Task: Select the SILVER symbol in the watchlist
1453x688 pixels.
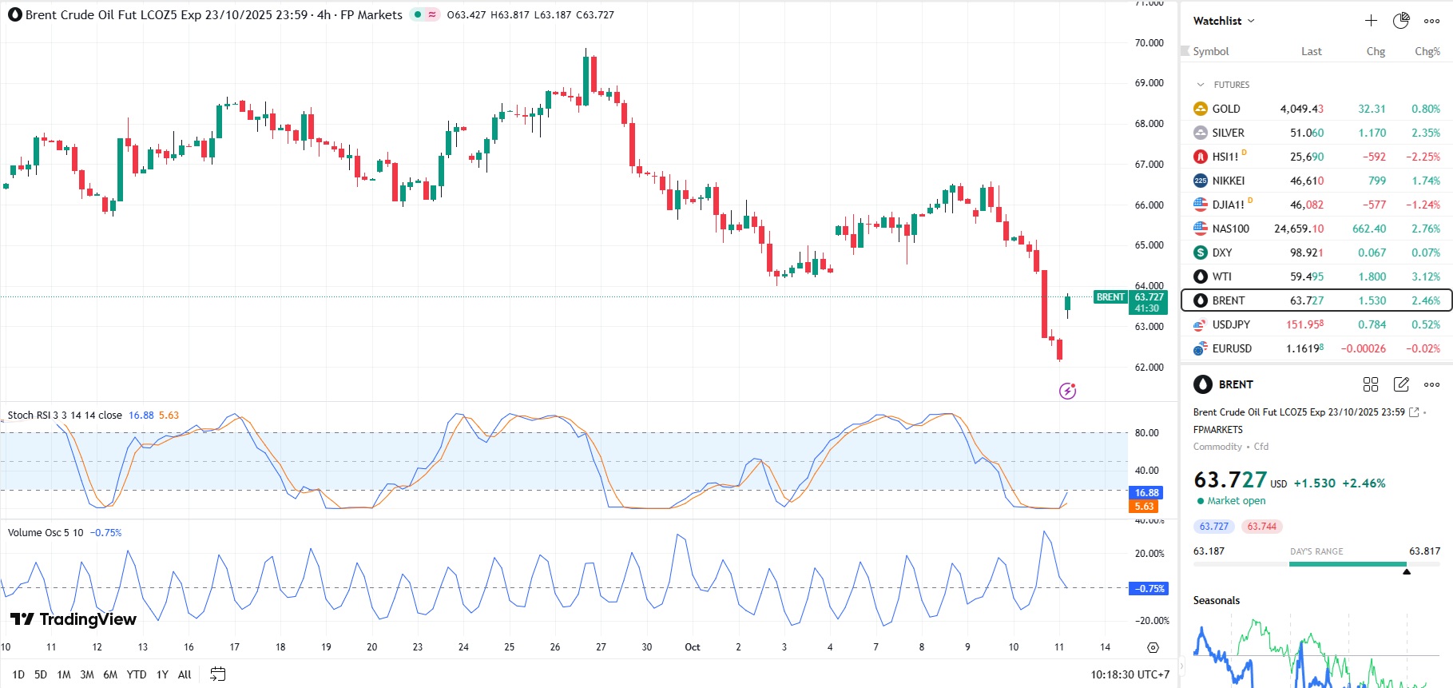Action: pos(1228,133)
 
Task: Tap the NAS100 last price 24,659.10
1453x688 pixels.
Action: pos(1298,229)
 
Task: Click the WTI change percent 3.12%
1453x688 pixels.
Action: pos(1426,276)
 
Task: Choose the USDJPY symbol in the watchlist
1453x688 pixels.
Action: pos(1231,324)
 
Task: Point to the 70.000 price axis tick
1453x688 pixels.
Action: pos(1149,43)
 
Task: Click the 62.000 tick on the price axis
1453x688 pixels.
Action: pos(1149,368)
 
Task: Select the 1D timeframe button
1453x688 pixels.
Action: pos(18,674)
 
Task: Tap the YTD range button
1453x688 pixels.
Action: pos(137,674)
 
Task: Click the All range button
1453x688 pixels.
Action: pos(185,674)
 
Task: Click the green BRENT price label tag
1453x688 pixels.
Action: pos(1110,297)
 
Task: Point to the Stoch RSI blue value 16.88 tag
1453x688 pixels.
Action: pos(1146,493)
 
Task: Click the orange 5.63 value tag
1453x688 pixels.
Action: pos(1144,506)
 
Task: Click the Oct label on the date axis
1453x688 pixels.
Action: pos(693,647)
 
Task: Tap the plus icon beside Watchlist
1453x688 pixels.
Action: pos(1371,21)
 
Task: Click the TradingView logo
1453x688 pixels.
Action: pos(73,619)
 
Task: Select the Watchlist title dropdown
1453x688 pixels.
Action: pos(1224,21)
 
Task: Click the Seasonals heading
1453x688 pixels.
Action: pos(1217,601)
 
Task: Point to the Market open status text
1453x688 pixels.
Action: pos(1236,501)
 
